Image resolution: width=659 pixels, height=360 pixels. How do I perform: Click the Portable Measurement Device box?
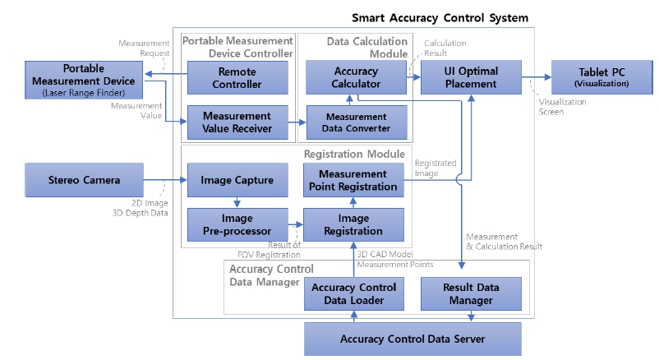84,78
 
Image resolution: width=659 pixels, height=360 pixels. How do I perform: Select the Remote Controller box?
237,78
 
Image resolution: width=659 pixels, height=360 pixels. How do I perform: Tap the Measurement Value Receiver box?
237,122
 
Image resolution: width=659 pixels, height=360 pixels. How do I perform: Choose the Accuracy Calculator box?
355,78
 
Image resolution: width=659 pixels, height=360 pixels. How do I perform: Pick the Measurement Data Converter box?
355,122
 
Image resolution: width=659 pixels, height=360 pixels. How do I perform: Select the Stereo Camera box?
84,180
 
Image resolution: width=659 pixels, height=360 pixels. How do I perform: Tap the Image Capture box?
237,180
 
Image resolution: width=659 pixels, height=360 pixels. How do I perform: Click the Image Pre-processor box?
237,224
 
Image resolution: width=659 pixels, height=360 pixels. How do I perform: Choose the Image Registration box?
354,224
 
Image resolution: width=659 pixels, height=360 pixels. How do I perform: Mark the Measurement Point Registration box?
354,180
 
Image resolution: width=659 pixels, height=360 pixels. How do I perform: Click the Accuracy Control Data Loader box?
354,293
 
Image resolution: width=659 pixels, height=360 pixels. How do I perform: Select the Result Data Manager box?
471,293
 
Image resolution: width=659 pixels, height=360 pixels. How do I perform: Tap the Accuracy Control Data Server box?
412,339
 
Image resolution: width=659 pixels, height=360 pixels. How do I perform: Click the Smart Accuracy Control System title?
440,17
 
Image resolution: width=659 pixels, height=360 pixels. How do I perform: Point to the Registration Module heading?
354,154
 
